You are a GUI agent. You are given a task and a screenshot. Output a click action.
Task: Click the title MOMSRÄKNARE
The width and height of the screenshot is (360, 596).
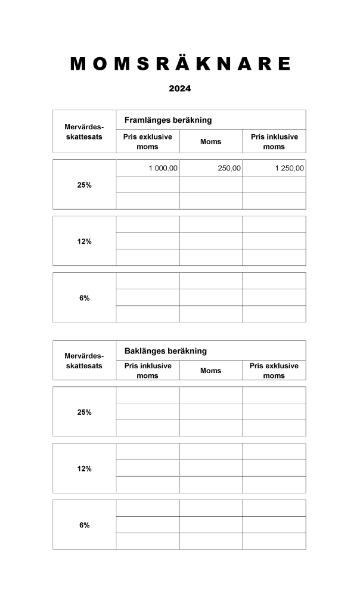pos(180,64)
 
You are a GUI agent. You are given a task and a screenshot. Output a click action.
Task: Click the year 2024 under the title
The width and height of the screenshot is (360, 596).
pos(179,89)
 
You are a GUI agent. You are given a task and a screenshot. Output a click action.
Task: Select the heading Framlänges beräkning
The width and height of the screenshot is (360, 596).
pos(168,120)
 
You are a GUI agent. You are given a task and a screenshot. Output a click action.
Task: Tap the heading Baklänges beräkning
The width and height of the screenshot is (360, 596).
pos(166,350)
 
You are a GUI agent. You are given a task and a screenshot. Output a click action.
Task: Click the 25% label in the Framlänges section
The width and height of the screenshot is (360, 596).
pos(84,185)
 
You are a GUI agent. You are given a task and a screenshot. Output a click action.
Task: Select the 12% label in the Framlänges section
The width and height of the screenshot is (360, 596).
pos(84,241)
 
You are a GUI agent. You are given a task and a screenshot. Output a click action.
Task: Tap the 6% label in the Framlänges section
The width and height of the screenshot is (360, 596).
pos(84,298)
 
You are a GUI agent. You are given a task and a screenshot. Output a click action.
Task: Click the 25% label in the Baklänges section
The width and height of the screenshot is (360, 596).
pos(84,412)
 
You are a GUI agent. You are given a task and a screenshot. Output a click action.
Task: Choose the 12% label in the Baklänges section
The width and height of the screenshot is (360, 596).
pos(84,468)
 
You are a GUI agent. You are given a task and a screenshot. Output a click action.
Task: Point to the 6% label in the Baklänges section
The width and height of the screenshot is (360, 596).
pos(84,525)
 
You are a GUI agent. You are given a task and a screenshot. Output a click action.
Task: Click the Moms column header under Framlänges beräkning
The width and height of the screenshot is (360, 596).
pos(210,142)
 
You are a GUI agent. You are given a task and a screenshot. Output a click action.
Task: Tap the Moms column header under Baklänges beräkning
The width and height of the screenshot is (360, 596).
pos(210,371)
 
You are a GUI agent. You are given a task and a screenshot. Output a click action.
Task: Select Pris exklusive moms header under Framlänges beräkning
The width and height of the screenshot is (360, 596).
pos(147,141)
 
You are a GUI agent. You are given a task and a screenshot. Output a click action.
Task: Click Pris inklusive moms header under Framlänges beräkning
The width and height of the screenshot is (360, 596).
pos(274,141)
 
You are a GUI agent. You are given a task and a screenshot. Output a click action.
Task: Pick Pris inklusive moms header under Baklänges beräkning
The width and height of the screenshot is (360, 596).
pos(147,370)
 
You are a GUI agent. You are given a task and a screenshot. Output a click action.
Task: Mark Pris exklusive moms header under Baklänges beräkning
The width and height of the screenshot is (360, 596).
pos(274,370)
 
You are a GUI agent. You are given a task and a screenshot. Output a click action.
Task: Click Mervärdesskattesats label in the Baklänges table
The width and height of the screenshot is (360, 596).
pos(84,361)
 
